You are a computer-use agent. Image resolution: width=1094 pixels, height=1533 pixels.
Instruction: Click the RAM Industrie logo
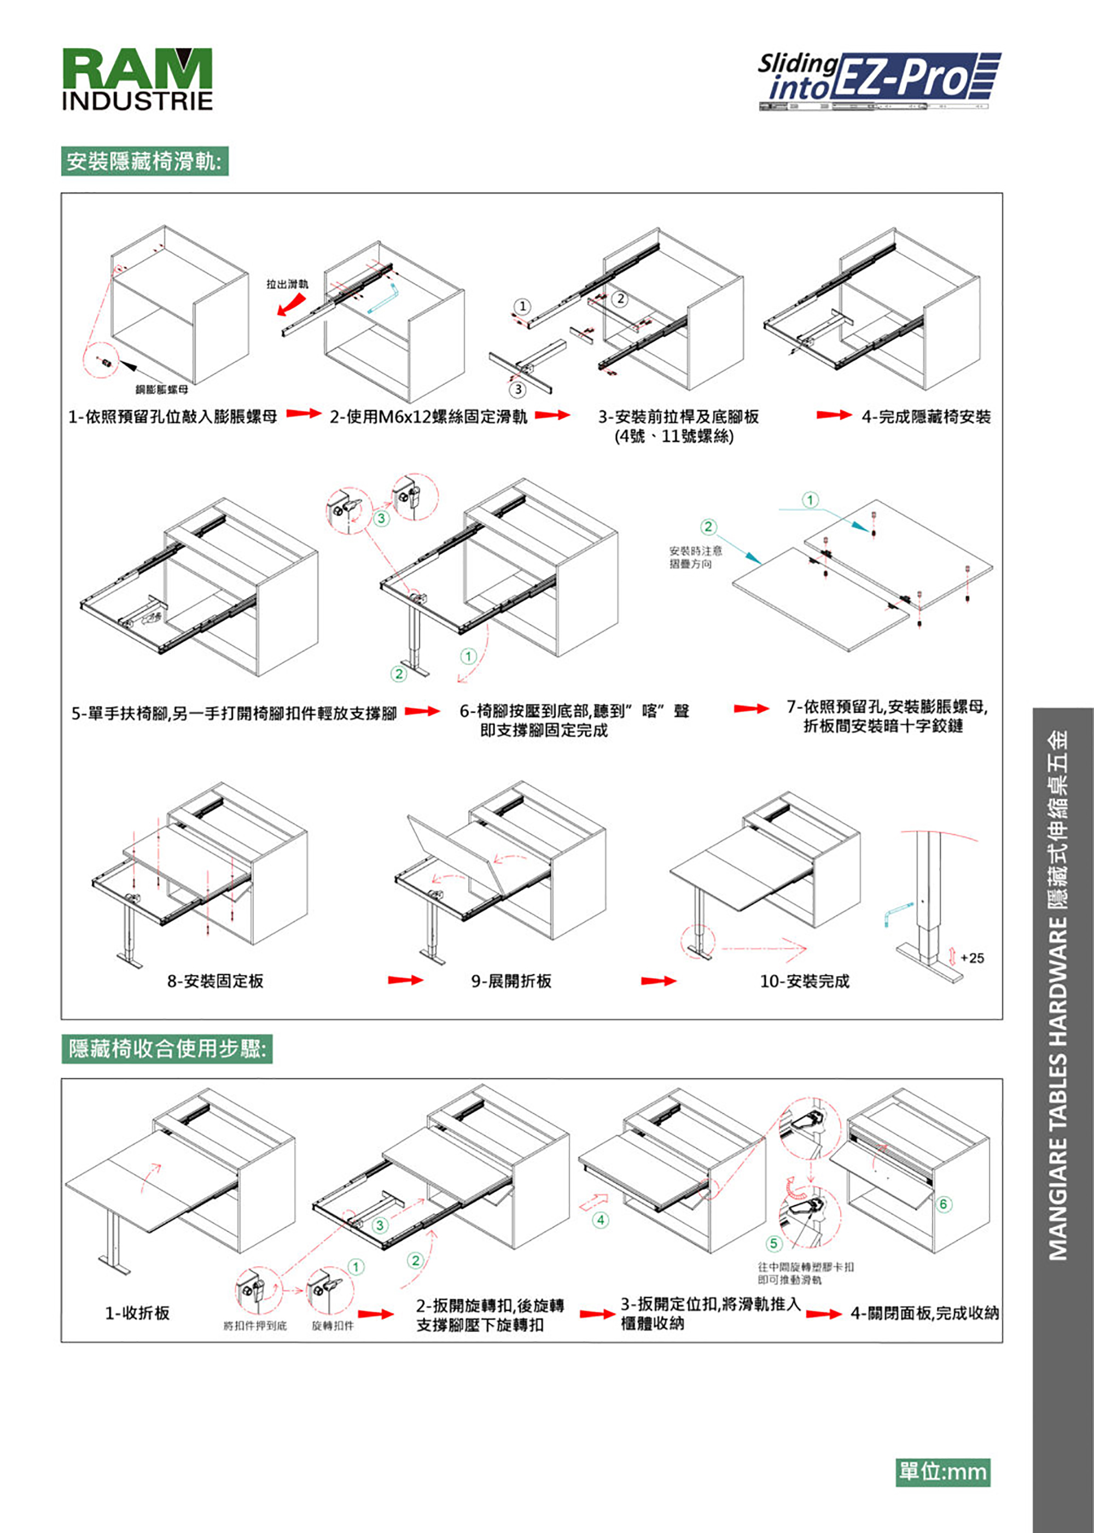(x=137, y=78)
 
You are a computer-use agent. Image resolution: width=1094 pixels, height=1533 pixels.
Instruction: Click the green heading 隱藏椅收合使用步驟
(x=167, y=1048)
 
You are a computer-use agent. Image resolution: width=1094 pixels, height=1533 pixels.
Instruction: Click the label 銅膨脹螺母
(x=162, y=389)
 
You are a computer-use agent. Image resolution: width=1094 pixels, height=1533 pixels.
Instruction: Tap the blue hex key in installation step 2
(x=384, y=299)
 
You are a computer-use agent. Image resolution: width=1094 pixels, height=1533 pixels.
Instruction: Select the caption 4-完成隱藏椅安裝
(x=926, y=417)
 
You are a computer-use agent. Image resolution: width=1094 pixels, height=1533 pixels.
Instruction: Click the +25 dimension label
(x=972, y=957)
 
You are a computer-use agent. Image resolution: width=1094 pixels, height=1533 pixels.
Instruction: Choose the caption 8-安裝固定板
(x=216, y=981)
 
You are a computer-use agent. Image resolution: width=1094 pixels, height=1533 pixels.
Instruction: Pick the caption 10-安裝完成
(x=804, y=981)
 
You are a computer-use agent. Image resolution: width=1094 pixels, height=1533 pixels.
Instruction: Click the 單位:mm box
(x=942, y=1471)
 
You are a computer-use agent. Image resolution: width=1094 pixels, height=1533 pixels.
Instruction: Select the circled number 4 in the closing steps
(x=600, y=1220)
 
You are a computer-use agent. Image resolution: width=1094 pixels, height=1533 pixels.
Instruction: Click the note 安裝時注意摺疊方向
(x=695, y=557)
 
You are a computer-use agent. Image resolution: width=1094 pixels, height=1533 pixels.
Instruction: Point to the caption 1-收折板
(x=137, y=1313)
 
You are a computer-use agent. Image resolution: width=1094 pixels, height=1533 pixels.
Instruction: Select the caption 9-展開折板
(x=511, y=981)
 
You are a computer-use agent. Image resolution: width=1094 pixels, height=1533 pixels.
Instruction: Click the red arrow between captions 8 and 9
(x=405, y=980)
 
